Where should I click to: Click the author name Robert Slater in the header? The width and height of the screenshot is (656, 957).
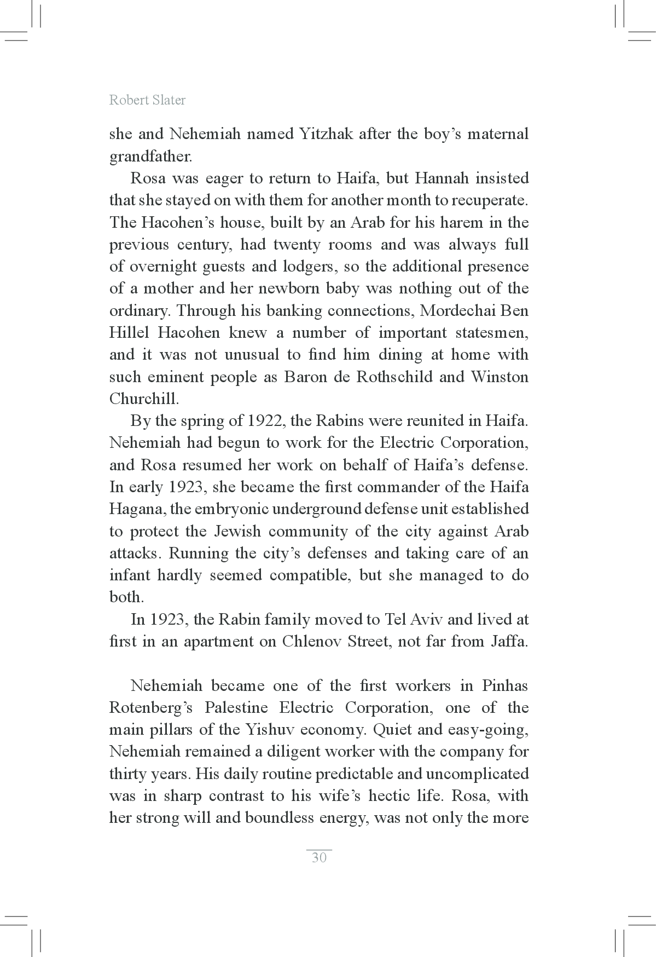(x=147, y=100)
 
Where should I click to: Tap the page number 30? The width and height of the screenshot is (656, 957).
(x=319, y=857)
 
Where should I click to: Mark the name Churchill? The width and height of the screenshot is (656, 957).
(x=144, y=399)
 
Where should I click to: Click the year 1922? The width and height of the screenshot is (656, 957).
(x=266, y=421)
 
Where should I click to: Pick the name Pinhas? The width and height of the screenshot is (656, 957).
(x=505, y=686)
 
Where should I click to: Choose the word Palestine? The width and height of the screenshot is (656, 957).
(x=236, y=708)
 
